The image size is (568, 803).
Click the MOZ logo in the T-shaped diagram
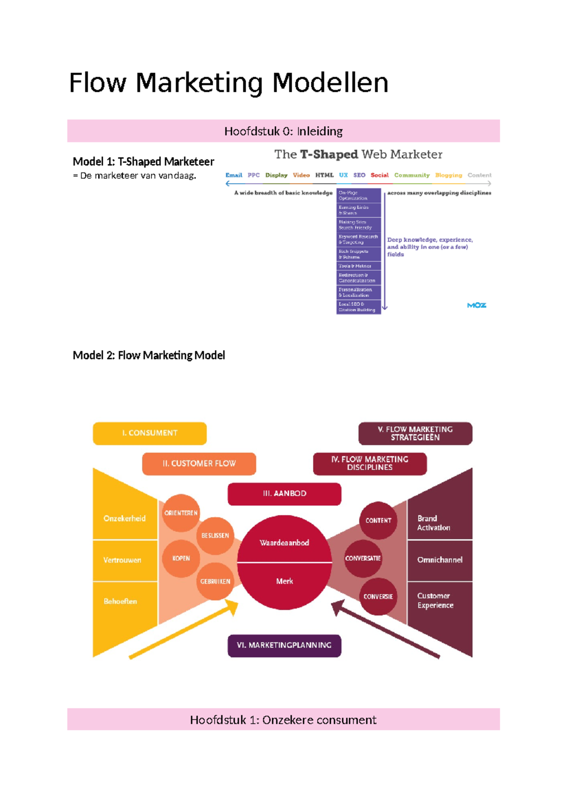pos(476,305)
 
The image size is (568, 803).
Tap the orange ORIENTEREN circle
pos(181,513)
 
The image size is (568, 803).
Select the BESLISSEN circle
pos(215,535)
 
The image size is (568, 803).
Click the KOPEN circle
pos(181,558)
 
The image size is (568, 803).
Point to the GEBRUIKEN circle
pos(215,581)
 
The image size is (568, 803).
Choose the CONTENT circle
pos(378,520)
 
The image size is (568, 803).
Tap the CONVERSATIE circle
pos(363,558)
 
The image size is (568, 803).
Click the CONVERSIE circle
pos(378,597)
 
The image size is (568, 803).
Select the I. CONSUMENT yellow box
pos(150,433)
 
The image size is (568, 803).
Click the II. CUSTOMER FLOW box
pos(199,464)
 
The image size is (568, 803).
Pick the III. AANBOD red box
pos(284,494)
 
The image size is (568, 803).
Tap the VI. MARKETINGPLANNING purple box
pos(284,645)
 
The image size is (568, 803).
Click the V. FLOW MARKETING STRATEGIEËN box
pos(415,433)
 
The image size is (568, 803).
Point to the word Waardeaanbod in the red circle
pos(284,543)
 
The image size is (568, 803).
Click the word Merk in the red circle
pos(284,581)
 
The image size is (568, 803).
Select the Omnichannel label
pos(440,560)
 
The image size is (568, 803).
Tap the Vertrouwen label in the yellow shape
pos(122,560)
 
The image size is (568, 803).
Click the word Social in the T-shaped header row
pos(379,175)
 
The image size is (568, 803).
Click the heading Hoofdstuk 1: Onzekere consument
pos(283,720)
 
